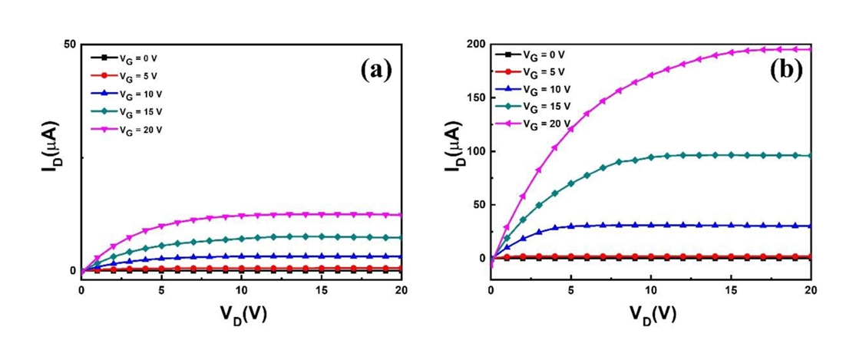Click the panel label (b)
[x=785, y=71]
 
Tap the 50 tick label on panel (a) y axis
[x=70, y=45]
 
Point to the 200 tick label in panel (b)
[x=473, y=45]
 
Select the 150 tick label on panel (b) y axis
[x=473, y=98]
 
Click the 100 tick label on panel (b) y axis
[x=473, y=151]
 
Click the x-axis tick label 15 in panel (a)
[x=321, y=290]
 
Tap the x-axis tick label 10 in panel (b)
[x=650, y=290]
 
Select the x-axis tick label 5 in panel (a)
[x=161, y=290]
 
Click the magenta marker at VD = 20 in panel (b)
[x=810, y=49]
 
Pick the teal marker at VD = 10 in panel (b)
[x=651, y=157]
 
